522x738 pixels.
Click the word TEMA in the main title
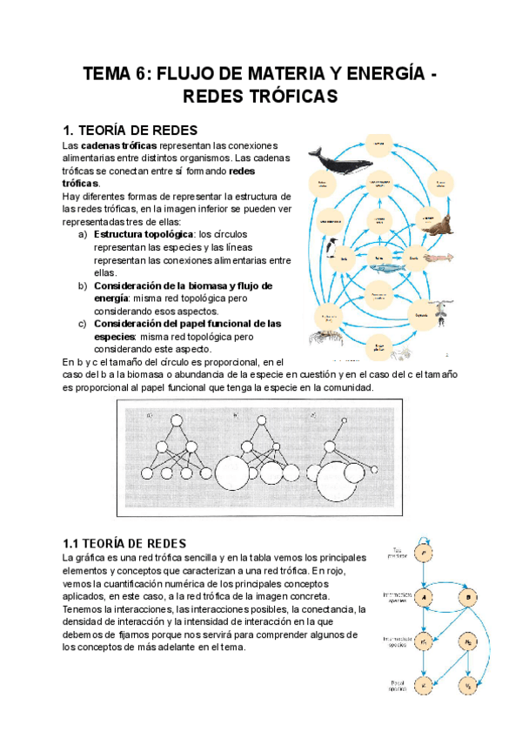tap(108, 75)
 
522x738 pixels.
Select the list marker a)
tap(83, 235)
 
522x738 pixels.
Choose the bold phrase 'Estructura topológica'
tap(143, 235)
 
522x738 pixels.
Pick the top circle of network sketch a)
tap(175, 421)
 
